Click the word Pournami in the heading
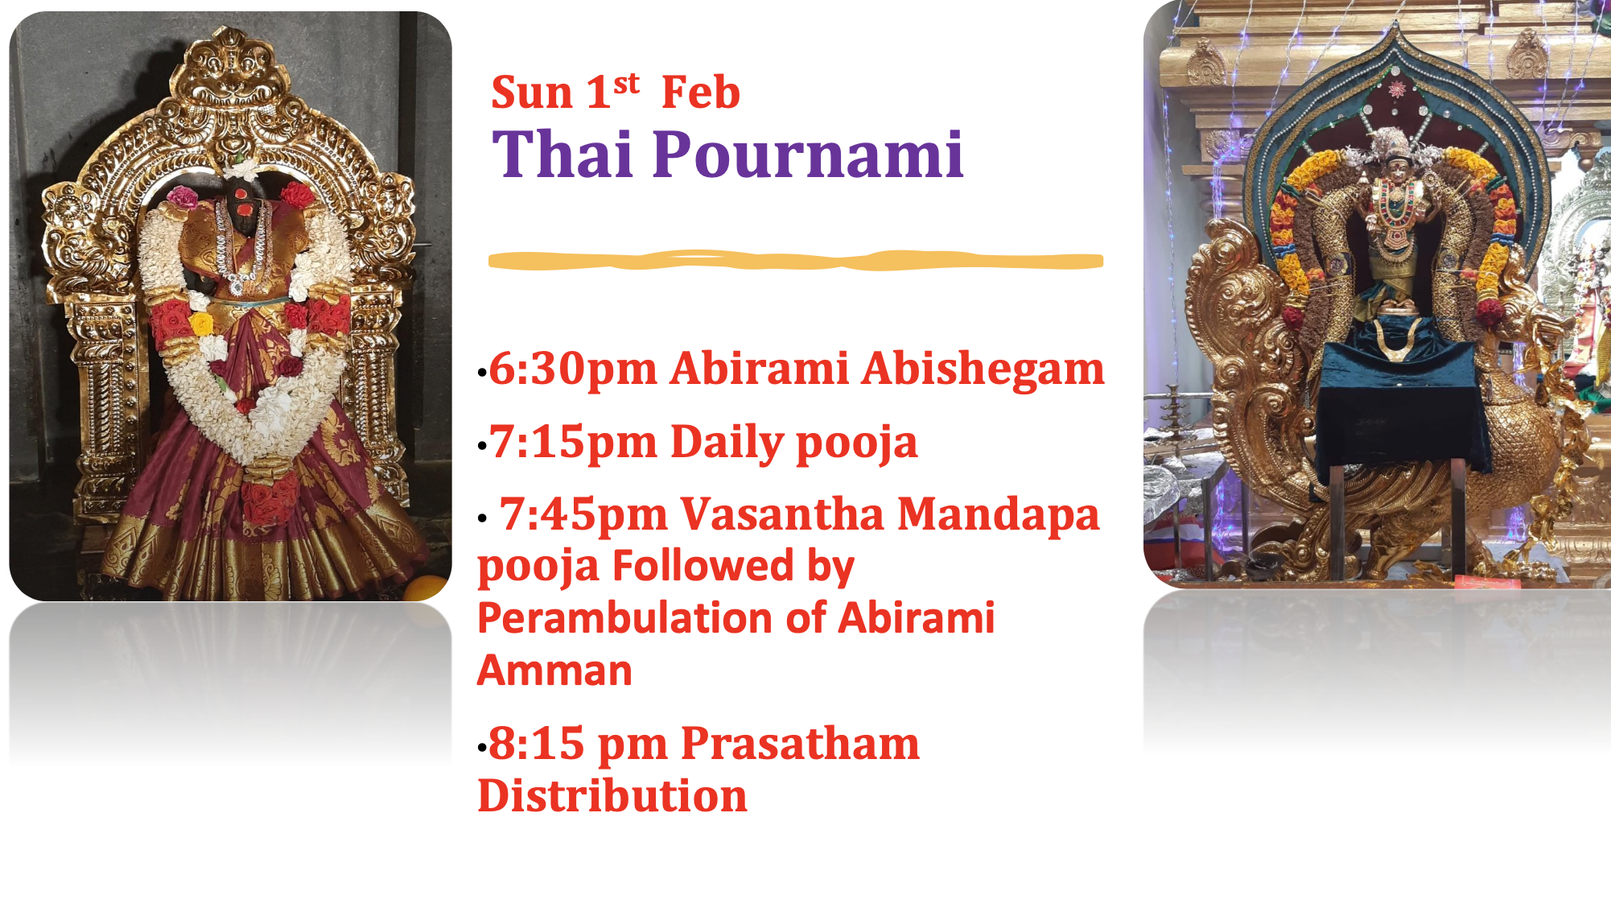(808, 155)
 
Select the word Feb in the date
(700, 93)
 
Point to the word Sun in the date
(532, 93)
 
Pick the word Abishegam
(983, 369)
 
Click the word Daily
(727, 442)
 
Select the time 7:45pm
(583, 514)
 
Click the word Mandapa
(998, 514)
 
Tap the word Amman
(554, 670)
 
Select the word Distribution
(612, 796)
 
